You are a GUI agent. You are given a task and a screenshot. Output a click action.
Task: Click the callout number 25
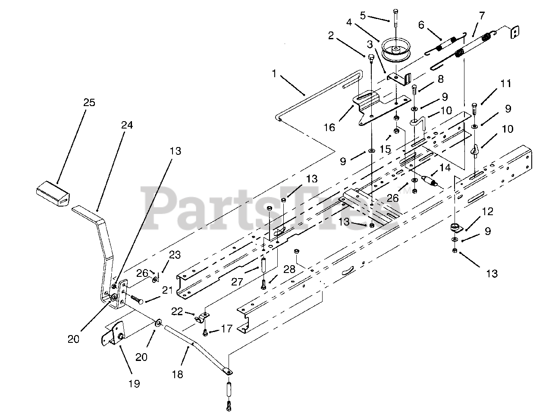tap(89, 103)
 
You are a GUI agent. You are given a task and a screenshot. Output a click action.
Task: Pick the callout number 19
tap(134, 383)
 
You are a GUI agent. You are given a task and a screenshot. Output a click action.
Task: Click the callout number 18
tap(177, 374)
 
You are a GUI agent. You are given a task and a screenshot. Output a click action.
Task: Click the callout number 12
tap(487, 212)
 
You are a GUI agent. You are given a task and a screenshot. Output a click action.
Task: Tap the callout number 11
tap(506, 83)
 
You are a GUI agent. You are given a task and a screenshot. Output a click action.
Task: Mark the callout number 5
tap(363, 16)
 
